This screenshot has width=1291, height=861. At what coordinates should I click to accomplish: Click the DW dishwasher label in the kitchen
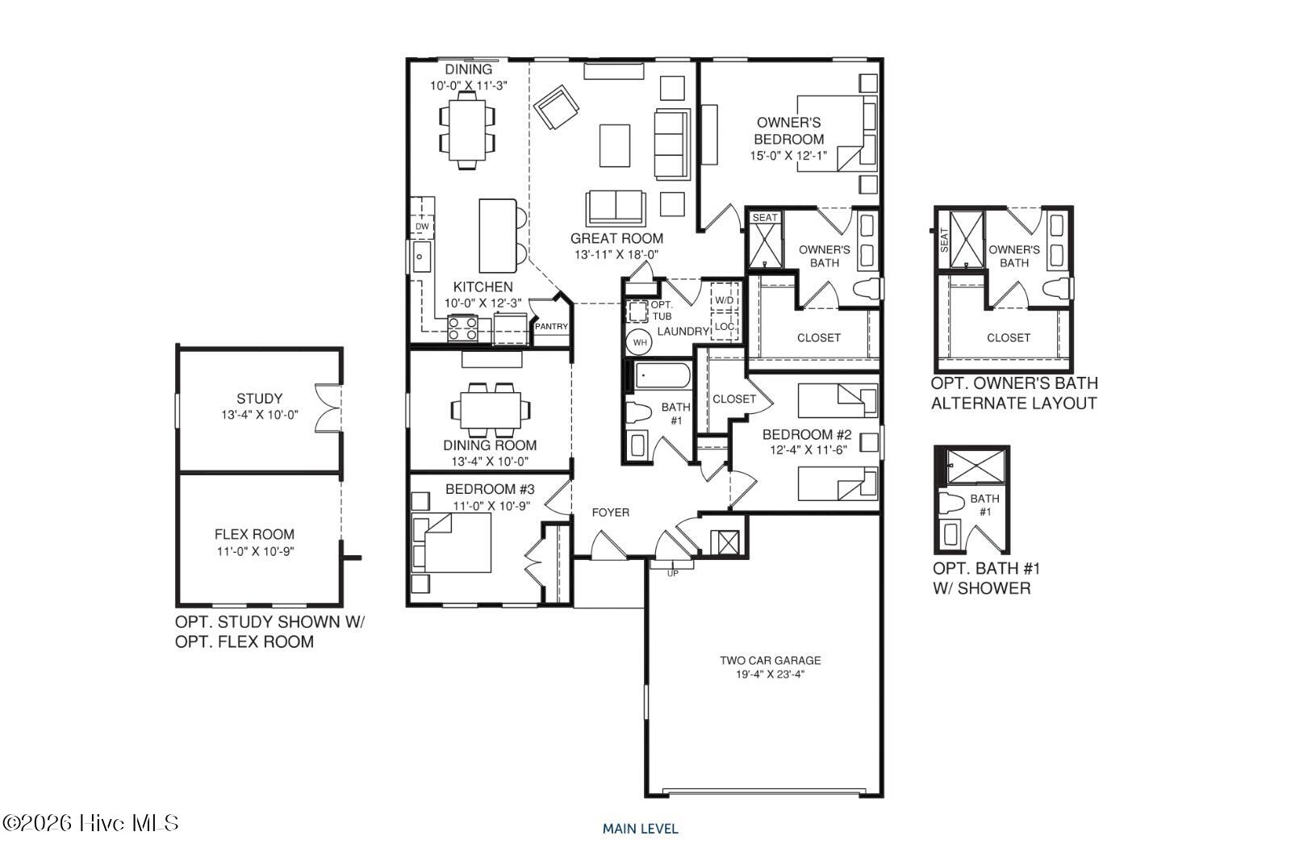(422, 227)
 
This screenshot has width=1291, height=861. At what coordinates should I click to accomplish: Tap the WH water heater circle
(640, 342)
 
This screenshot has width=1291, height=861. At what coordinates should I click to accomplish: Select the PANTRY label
(551, 326)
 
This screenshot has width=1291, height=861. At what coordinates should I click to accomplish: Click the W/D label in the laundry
(725, 300)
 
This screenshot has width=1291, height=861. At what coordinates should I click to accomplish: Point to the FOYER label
(610, 512)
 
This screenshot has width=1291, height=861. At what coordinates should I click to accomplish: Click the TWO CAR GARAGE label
(770, 660)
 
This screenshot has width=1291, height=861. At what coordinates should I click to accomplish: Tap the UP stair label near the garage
(673, 574)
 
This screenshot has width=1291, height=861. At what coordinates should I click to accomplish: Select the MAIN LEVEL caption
(641, 829)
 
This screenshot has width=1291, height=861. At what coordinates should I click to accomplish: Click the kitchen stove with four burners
(463, 328)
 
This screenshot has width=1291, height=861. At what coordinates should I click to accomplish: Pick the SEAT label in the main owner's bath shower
(765, 217)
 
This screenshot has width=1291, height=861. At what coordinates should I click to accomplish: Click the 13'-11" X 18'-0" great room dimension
(616, 254)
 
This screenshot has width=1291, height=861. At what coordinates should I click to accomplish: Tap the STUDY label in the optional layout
(259, 399)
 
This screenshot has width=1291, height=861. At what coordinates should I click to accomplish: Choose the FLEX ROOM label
(254, 534)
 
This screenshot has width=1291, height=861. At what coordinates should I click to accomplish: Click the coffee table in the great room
(614, 145)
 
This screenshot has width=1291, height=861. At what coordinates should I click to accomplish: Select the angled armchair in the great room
(556, 107)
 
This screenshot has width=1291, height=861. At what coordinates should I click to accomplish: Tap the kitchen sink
(421, 257)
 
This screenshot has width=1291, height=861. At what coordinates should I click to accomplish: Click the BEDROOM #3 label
(490, 489)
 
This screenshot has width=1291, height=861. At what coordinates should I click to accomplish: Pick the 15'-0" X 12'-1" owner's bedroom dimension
(788, 156)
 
